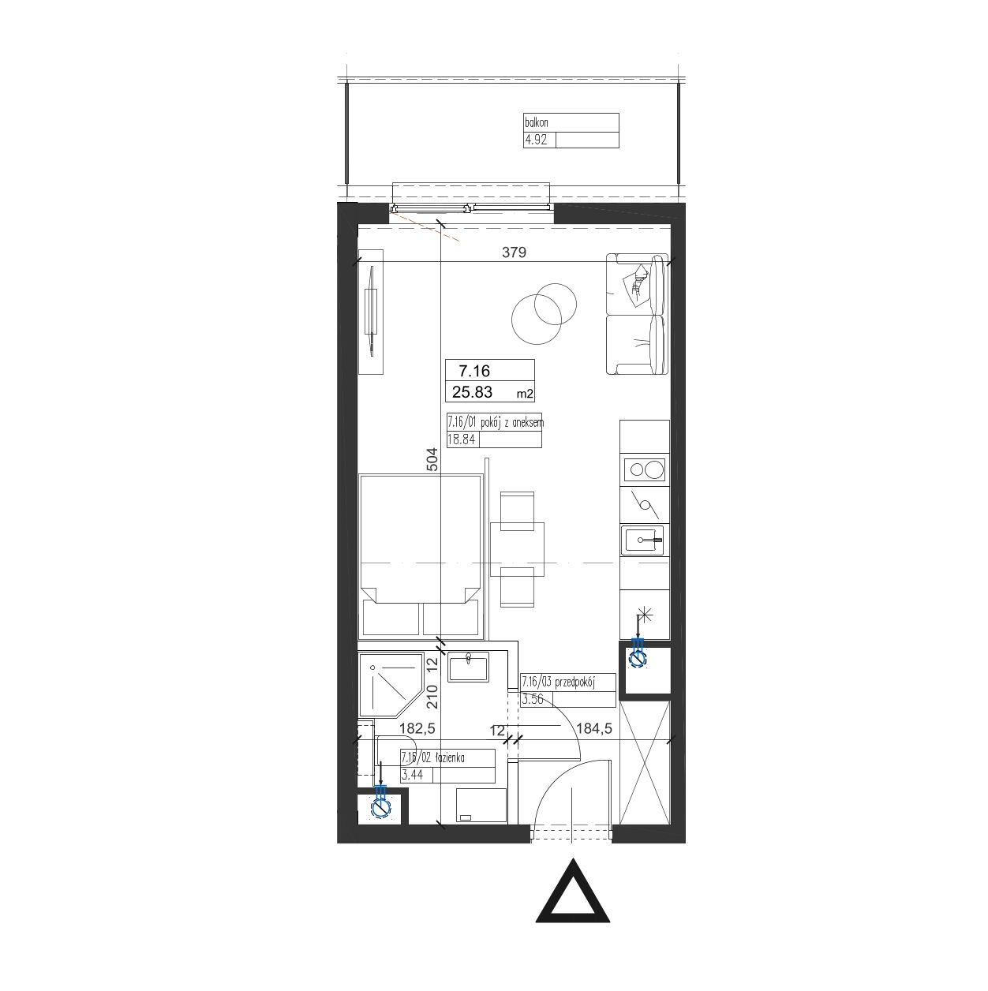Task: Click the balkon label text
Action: tap(536, 123)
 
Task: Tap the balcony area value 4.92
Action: tap(536, 140)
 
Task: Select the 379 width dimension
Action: tap(514, 252)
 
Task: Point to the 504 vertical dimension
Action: tap(432, 460)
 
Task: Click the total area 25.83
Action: tap(473, 392)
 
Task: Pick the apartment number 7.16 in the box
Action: tap(474, 370)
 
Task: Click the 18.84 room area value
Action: tap(462, 439)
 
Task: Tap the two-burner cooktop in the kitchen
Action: tap(644, 469)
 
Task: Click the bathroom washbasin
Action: tap(468, 667)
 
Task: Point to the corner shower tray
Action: tap(390, 685)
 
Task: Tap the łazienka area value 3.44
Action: tap(412, 775)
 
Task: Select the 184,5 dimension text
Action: tap(594, 728)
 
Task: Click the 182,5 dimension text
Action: tap(417, 728)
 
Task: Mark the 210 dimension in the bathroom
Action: tap(432, 697)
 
